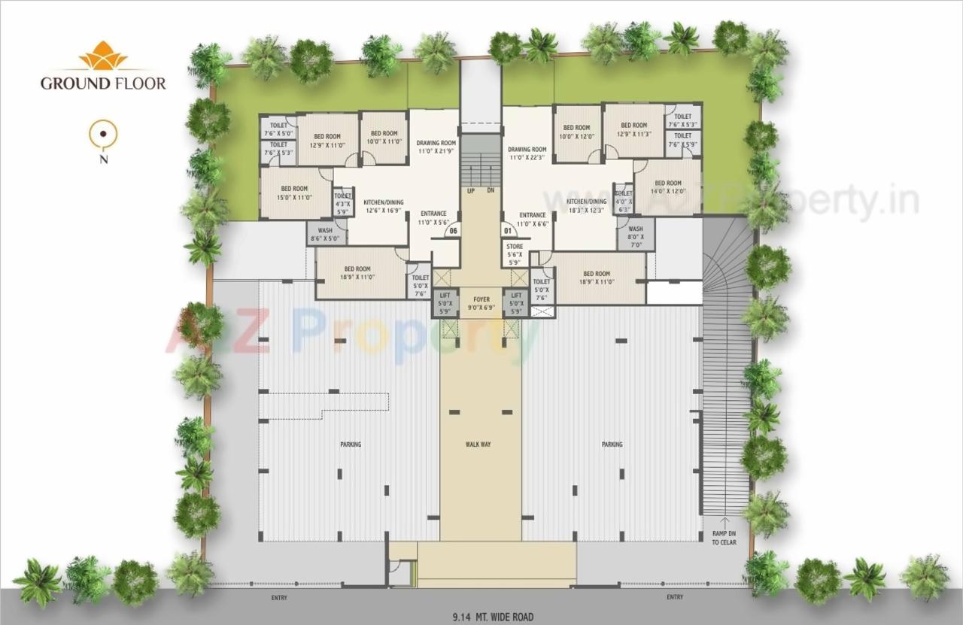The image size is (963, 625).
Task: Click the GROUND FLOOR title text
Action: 103,83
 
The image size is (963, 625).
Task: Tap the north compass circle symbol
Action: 103,136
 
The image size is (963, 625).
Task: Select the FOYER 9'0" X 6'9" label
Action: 481,304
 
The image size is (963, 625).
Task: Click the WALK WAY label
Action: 478,444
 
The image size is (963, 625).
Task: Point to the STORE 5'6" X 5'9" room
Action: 515,254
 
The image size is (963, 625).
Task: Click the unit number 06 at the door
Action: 453,231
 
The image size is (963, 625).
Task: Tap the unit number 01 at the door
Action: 507,230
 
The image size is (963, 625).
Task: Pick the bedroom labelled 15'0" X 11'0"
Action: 295,193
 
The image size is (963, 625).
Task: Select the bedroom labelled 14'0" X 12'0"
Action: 668,187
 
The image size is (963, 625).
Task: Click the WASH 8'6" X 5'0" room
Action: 325,235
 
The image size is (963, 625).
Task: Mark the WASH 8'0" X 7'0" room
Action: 636,234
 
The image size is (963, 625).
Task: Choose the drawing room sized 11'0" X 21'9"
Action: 436,147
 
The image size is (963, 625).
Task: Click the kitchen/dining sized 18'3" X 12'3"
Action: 587,205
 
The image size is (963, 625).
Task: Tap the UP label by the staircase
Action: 471,190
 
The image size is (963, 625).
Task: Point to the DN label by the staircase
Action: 491,190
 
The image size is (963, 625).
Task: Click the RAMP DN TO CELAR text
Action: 724,538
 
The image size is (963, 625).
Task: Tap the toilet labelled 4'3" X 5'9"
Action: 342,203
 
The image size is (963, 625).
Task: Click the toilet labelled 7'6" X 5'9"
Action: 683,140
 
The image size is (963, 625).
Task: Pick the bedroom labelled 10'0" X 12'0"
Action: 577,133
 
